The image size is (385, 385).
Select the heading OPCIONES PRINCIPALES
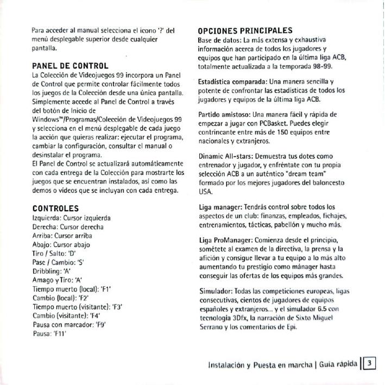(245, 30)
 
